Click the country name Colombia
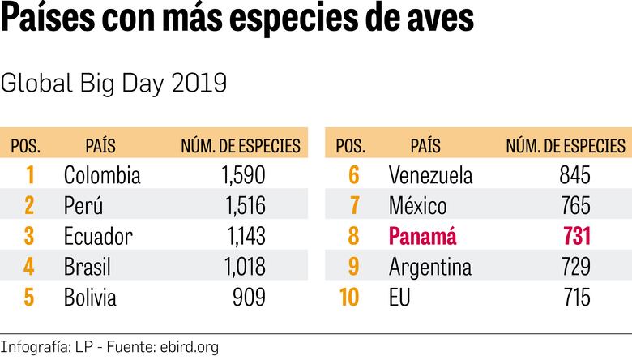101,175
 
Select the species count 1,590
242,175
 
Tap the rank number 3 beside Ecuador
29,237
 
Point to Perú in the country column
83,206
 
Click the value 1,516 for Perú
242,206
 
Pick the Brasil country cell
87,267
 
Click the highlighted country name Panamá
422,237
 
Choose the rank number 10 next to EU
349,298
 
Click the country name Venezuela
430,175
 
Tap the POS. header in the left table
25,147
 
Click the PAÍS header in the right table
425,147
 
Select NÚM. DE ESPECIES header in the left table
240,147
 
